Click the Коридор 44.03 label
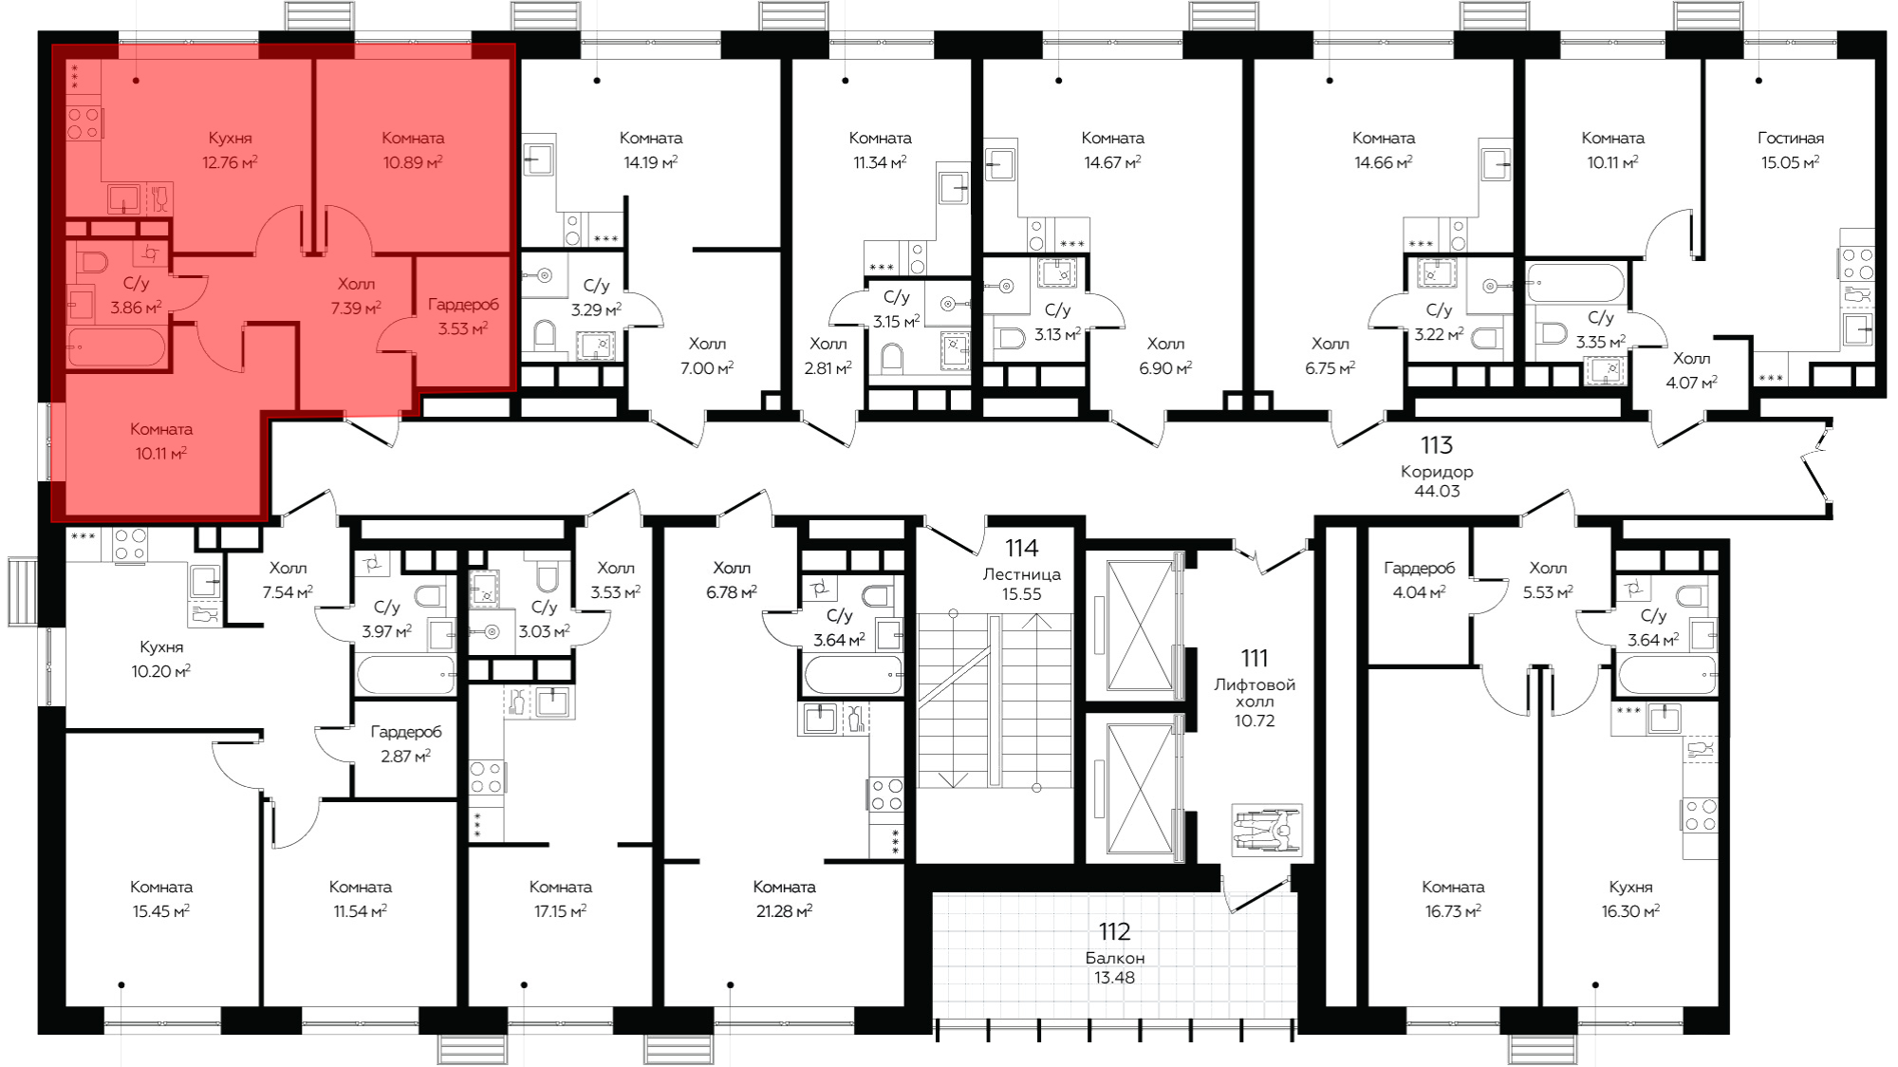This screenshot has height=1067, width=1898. pyautogui.click(x=1437, y=481)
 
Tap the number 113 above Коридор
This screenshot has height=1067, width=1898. pyautogui.click(x=1437, y=445)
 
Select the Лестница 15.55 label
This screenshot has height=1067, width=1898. pyautogui.click(x=1022, y=584)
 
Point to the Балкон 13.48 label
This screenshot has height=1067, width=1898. pyautogui.click(x=1114, y=967)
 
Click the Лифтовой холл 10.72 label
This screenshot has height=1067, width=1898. pyautogui.click(x=1255, y=702)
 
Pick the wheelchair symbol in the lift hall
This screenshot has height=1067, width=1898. pyautogui.click(x=1267, y=831)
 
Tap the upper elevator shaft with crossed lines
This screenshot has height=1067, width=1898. pyautogui.click(x=1140, y=627)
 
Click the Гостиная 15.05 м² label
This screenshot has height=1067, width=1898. pyautogui.click(x=1791, y=150)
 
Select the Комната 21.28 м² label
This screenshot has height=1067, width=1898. pyautogui.click(x=784, y=899)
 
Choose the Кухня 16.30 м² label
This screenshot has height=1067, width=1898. pyautogui.click(x=1630, y=899)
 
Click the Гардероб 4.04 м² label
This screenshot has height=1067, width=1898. pyautogui.click(x=1419, y=580)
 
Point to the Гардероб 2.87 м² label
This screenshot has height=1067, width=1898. pyautogui.click(x=406, y=744)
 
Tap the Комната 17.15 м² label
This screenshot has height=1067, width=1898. pyautogui.click(x=560, y=899)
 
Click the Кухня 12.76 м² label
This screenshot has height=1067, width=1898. pyautogui.click(x=230, y=150)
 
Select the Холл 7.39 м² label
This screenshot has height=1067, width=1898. pyautogui.click(x=356, y=296)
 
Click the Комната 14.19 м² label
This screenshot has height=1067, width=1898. pyautogui.click(x=651, y=150)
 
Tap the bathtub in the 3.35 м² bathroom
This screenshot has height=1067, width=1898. pyautogui.click(x=1576, y=283)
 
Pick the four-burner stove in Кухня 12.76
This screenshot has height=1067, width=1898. pyautogui.click(x=84, y=123)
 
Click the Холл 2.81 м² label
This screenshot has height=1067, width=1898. pyautogui.click(x=828, y=356)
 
